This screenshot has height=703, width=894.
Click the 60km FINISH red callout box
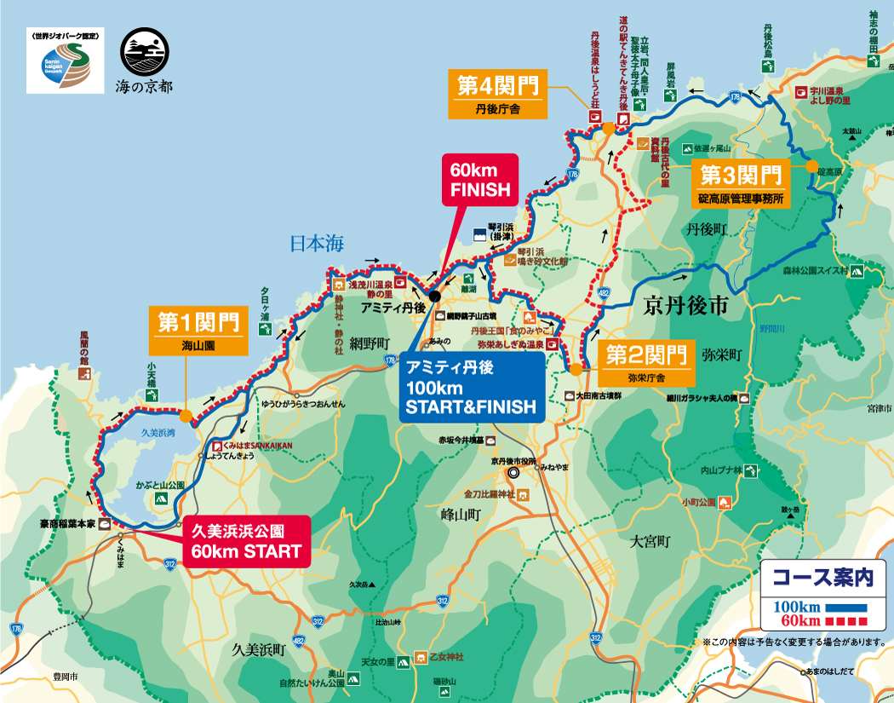[x=479, y=179]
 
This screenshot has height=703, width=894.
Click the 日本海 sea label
[x=316, y=244]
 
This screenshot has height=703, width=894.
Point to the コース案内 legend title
[x=823, y=579]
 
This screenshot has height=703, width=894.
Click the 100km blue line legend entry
[x=821, y=607]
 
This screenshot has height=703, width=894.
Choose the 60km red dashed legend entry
[x=821, y=620]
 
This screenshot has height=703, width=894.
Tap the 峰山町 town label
[x=461, y=515]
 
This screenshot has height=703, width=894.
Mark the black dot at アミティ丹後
[x=434, y=296]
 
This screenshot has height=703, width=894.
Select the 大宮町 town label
[x=650, y=541]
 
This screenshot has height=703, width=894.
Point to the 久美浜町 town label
[x=258, y=649]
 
